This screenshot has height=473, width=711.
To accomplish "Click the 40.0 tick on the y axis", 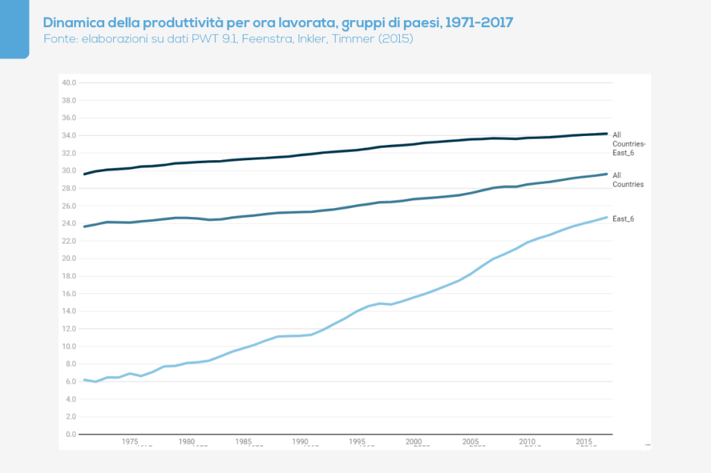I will coord(69,83).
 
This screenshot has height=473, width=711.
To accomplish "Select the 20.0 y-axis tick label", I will coord(69,259).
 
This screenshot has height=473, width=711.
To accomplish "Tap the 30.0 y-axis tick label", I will coord(69,171).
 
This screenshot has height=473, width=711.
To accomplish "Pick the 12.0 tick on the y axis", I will coord(69,329).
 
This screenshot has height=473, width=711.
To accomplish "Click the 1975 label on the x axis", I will coord(130,441).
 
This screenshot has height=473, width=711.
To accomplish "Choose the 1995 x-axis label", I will coord(358,441).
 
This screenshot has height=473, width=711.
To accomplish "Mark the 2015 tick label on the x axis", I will coord(585,441).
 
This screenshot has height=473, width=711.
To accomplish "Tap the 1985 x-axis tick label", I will coord(244,441).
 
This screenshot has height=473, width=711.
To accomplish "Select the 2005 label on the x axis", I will coord(471,441).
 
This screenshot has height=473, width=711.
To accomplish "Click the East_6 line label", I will coord(624,218).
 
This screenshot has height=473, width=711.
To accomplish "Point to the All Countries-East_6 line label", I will coord(628,144).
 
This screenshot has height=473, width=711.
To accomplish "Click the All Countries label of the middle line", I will coord(628,180).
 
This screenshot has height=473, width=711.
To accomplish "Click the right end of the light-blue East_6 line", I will coord(607,217).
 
